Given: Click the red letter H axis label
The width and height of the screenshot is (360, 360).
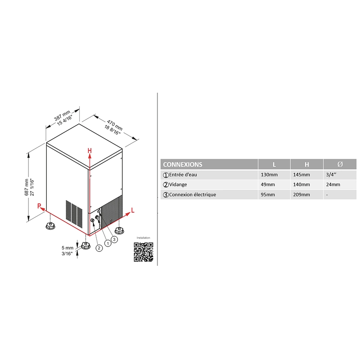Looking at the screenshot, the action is (x=90, y=151).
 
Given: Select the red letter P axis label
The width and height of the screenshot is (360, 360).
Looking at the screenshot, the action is (x=39, y=206).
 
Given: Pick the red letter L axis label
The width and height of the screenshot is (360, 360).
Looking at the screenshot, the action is (x=133, y=210).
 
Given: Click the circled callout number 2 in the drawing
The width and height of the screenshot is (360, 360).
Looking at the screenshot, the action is (x=99, y=248).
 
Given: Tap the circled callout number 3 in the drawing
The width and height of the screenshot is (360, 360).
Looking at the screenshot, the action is (x=114, y=239).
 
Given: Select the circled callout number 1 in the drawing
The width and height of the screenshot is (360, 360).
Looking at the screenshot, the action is (x=108, y=243).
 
